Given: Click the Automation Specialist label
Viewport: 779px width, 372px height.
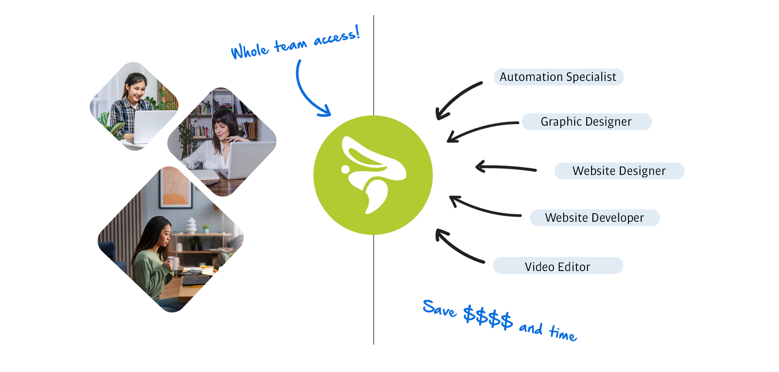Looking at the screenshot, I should pyautogui.click(x=558, y=77).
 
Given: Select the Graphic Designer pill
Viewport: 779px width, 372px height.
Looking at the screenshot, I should pyautogui.click(x=586, y=122).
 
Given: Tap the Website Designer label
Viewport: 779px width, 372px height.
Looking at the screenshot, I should pyautogui.click(x=619, y=171).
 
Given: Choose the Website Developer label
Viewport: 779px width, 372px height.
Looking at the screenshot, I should pyautogui.click(x=594, y=218).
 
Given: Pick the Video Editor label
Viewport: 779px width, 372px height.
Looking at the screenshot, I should pyautogui.click(x=557, y=266).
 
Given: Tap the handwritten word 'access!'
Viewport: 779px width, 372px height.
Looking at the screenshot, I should pyautogui.click(x=337, y=37).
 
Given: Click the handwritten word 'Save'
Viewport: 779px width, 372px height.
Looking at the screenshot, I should pyautogui.click(x=439, y=308).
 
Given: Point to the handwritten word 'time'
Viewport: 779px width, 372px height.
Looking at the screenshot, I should pyautogui.click(x=563, y=333).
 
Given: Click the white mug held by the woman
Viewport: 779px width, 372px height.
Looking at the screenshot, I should pyautogui.click(x=174, y=262).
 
